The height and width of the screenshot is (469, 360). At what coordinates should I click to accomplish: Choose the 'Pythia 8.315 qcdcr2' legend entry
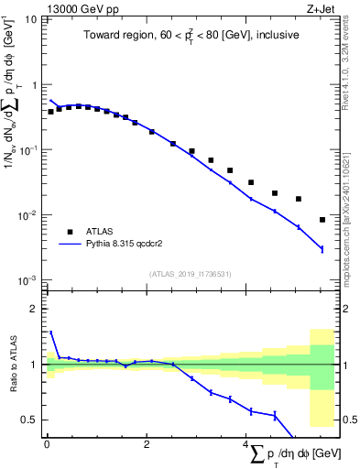click(127, 245)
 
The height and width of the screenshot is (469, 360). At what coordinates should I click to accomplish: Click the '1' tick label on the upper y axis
click(36, 85)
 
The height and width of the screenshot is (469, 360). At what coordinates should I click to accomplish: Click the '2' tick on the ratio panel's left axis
click(36, 310)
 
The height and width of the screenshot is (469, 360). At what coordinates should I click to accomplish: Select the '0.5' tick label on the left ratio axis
click(31, 420)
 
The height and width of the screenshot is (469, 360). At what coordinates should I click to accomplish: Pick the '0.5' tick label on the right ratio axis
click(348, 420)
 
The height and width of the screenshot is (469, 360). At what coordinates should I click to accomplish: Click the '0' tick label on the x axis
click(47, 444)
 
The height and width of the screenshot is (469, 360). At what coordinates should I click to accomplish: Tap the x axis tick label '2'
click(147, 444)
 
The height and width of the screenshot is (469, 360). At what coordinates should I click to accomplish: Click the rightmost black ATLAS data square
click(322, 220)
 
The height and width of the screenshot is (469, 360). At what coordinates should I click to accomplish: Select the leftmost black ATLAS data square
click(51, 112)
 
